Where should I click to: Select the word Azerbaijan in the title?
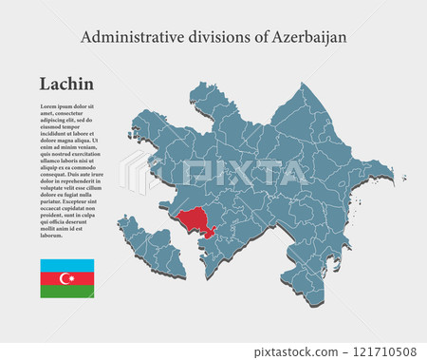309,37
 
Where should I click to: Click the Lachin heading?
66,85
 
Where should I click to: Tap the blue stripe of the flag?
66,265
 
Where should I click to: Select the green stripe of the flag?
66,292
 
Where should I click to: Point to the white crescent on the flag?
65,278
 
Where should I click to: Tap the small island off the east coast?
402,177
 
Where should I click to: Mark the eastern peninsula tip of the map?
389,172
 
